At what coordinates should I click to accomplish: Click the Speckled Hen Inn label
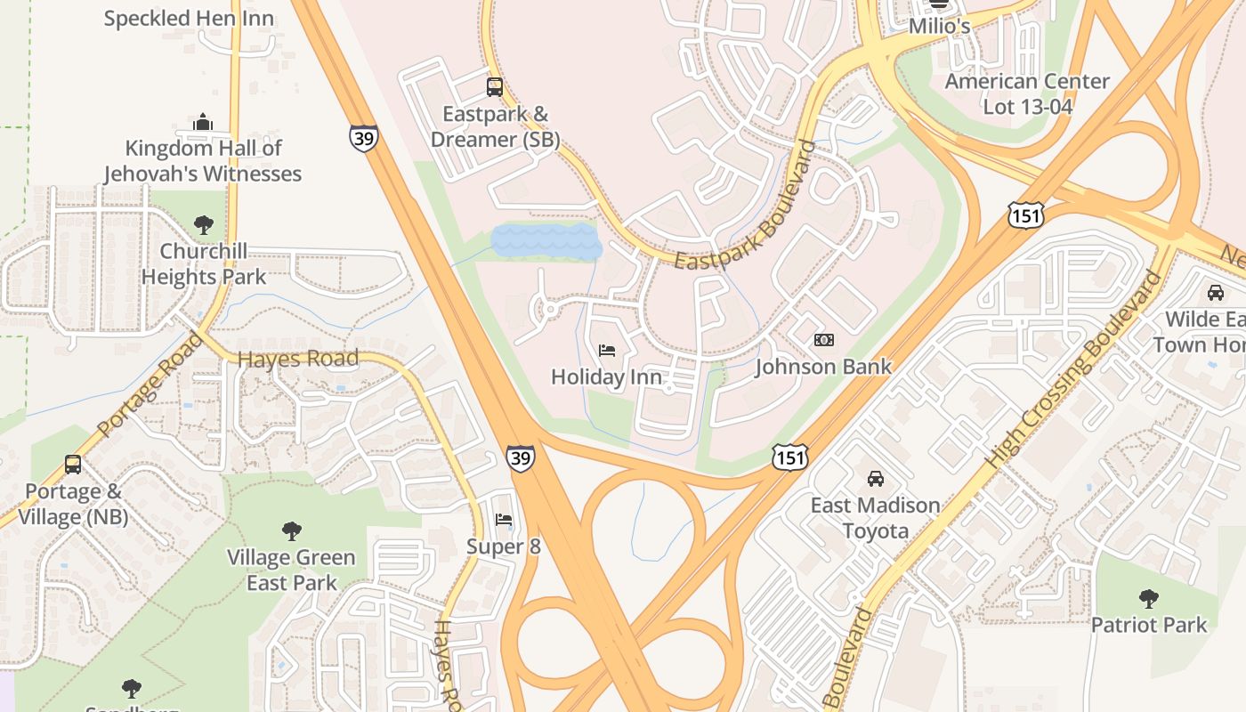tap(189, 19)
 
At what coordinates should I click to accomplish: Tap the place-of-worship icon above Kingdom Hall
tap(203, 121)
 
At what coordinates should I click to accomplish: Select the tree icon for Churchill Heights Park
tap(204, 224)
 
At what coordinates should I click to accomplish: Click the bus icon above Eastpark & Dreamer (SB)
tap(495, 87)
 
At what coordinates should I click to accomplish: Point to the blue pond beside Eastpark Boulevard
tap(545, 241)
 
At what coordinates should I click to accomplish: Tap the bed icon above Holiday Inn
tap(607, 351)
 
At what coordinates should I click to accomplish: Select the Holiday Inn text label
tap(606, 376)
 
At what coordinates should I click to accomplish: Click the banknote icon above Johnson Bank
tap(824, 340)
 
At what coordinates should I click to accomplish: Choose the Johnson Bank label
tap(823, 366)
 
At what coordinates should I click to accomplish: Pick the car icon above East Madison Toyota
tap(876, 479)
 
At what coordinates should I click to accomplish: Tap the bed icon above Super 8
tap(504, 520)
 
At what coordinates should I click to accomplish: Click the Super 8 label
tap(504, 546)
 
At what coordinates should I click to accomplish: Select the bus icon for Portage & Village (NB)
tap(73, 465)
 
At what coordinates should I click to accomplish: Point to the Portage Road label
tap(148, 384)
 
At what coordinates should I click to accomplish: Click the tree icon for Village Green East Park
tap(291, 531)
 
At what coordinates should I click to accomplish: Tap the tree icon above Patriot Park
tap(1149, 598)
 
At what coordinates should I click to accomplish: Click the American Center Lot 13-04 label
tap(1027, 93)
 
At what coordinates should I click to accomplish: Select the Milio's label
tap(939, 27)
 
